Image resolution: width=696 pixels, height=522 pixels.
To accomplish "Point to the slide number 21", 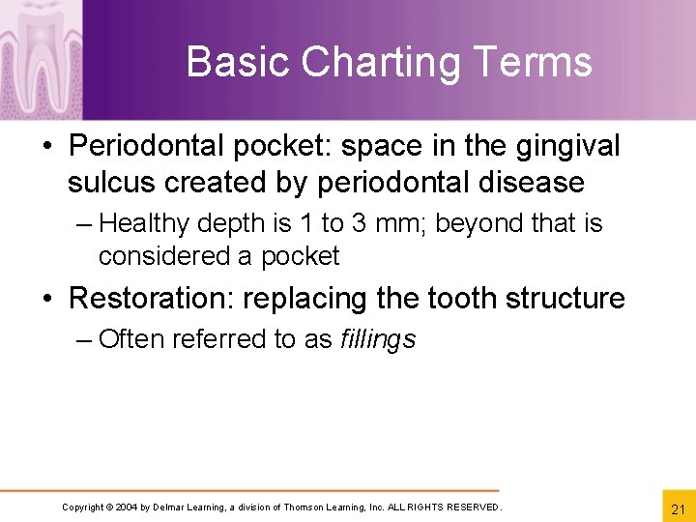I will [676, 508].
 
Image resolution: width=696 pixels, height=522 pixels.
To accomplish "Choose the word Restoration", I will [152, 298].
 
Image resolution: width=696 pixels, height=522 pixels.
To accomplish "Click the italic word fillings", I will [378, 339].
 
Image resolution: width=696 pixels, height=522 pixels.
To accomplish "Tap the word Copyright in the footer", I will [82, 507].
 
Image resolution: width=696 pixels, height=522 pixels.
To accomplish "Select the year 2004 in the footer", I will [127, 507].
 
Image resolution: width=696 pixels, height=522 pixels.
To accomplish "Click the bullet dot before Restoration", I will [48, 298].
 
